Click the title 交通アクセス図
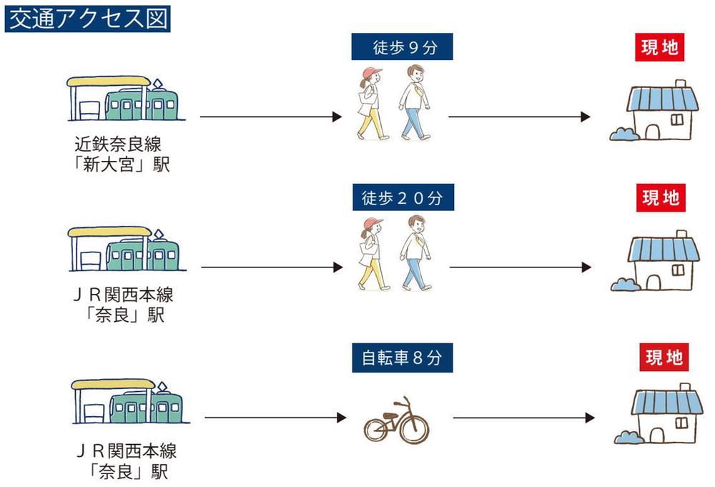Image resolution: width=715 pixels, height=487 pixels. [87, 19]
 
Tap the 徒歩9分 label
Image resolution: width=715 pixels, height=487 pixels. [402, 46]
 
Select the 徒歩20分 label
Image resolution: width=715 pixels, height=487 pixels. [403, 197]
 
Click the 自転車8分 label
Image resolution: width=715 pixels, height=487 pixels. [402, 358]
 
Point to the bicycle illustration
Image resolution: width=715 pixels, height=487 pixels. [396, 420]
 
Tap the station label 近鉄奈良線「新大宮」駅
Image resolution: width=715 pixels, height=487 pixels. [122, 154]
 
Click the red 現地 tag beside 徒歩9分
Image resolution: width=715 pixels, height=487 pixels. [660, 47]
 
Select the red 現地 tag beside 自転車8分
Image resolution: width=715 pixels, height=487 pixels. [664, 357]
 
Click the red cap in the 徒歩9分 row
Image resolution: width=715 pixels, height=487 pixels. [372, 72]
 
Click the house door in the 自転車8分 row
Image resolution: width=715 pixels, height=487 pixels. [656, 435]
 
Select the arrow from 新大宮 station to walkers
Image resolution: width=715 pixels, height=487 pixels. [271, 117]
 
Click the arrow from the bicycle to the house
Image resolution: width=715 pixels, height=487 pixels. [524, 417]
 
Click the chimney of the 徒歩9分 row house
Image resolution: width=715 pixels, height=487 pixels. [681, 84]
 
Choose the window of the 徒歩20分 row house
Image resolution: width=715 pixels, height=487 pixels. [678, 270]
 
